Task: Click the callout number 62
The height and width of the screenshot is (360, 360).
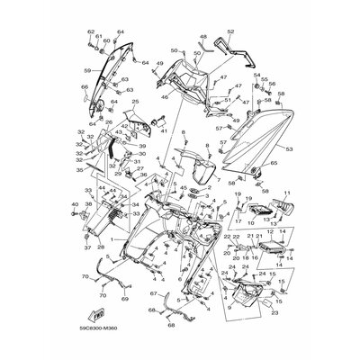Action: pyautogui.click(x=91, y=31)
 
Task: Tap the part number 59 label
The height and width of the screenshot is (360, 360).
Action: pyautogui.click(x=86, y=67)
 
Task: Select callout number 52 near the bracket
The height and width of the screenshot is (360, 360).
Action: pyautogui.click(x=229, y=31)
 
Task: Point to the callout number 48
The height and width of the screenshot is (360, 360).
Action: pyautogui.click(x=202, y=37)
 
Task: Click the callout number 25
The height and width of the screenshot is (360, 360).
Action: pyautogui.click(x=136, y=102)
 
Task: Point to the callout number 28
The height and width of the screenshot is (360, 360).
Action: pyautogui.click(x=101, y=246)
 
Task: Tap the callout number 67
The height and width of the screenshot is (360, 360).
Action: pyautogui.click(x=153, y=293)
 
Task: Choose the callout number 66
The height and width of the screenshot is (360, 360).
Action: pyautogui.click(x=84, y=87)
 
